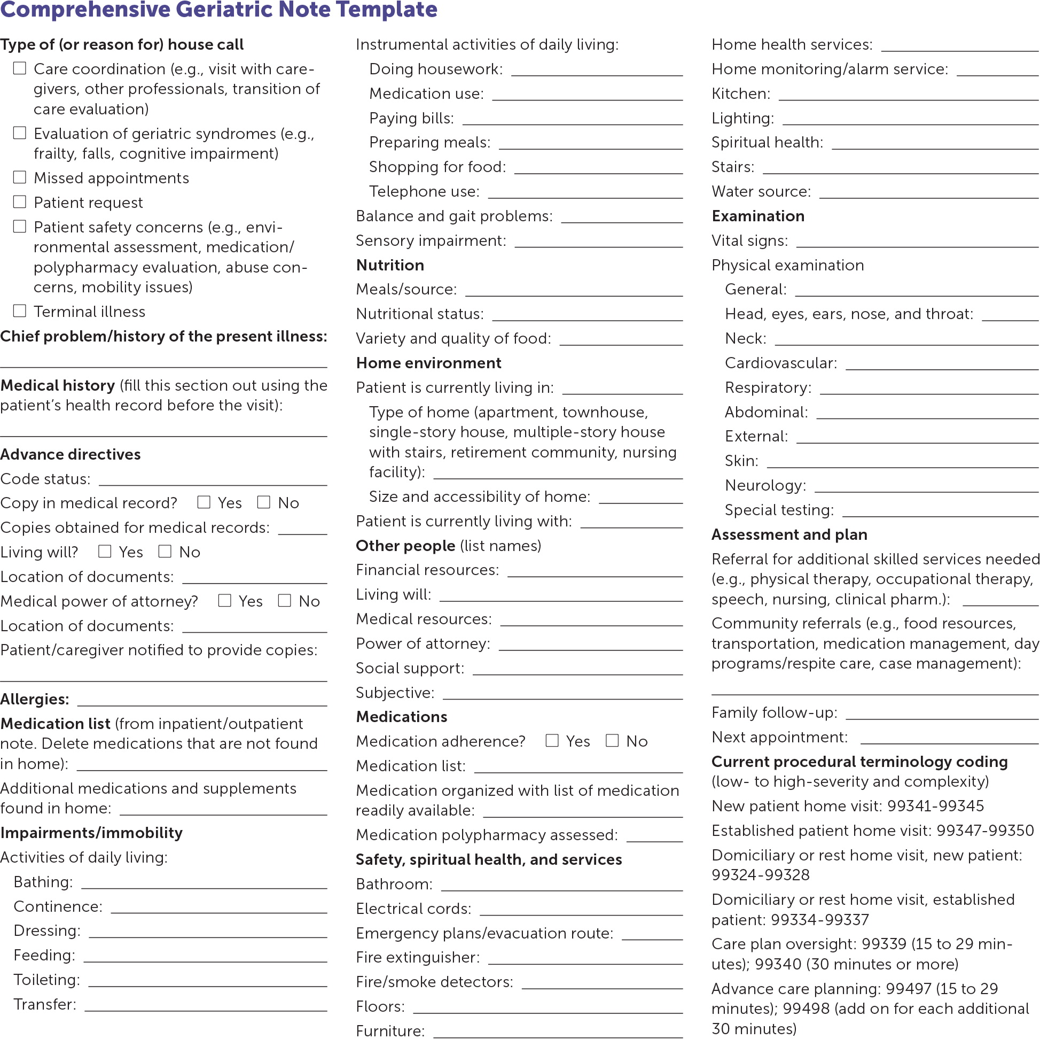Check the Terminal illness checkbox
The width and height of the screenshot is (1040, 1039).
click(20, 311)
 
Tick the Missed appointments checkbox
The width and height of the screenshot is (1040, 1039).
click(20, 177)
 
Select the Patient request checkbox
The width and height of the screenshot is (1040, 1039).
click(20, 201)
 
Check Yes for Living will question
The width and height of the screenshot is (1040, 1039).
click(105, 551)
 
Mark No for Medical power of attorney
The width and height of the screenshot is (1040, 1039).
click(285, 600)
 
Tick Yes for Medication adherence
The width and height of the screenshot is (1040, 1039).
click(552, 740)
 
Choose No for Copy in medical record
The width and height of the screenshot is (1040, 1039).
click(264, 502)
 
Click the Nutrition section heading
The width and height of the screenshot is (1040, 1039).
click(390, 265)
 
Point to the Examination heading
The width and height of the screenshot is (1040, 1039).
click(758, 216)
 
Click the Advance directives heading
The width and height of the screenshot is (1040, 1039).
click(71, 454)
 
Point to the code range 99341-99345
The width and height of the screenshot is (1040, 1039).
click(935, 806)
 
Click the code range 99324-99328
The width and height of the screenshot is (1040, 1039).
click(761, 875)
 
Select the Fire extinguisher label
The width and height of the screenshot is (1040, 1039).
click(418, 957)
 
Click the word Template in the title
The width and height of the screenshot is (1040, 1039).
click(387, 10)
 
